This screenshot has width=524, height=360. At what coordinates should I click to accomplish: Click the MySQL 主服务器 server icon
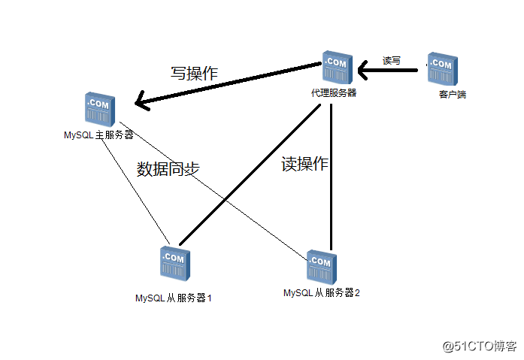(100, 110)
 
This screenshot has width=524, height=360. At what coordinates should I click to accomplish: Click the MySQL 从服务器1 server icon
(173, 264)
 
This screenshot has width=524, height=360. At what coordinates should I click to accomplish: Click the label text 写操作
(194, 74)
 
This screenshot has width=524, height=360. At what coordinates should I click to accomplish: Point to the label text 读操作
(304, 164)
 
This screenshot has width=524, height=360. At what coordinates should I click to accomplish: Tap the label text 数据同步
(168, 169)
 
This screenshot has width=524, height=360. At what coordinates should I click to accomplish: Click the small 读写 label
(392, 60)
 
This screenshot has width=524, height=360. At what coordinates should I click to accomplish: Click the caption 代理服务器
(334, 94)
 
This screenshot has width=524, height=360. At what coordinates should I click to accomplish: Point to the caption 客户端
(452, 95)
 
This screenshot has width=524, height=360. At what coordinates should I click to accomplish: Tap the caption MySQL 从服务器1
(174, 298)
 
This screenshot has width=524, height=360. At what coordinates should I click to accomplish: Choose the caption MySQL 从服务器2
(322, 292)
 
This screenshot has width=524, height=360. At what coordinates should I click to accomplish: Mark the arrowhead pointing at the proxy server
(363, 71)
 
